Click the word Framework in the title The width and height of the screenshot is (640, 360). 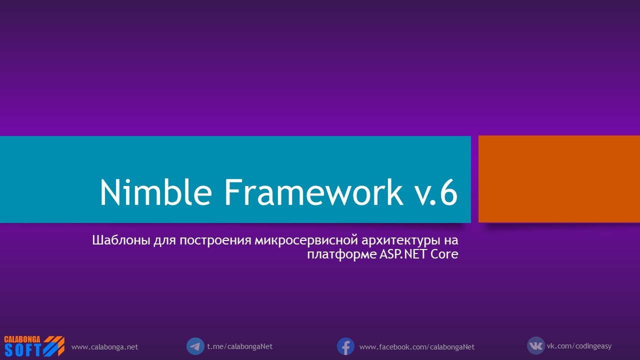coord(313,191)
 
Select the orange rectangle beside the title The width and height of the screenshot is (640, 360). coord(559,179)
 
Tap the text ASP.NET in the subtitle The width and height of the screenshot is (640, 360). coord(400,254)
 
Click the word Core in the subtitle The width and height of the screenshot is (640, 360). coord(444,254)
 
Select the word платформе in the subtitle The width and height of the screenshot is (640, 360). coord(338,254)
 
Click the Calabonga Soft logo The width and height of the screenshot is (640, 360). coord(34,346)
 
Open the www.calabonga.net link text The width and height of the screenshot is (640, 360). coord(104,346)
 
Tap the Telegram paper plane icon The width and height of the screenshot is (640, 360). coord(195,346)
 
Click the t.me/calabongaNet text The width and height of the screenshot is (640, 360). coord(239,346)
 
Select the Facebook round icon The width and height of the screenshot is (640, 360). coord(345,346)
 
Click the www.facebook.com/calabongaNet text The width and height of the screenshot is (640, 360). coord(416,346)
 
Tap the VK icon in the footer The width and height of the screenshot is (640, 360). coord(535,345)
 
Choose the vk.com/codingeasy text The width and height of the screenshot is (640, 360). coord(579,346)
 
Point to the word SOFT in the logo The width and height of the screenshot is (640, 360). coord(23,350)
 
